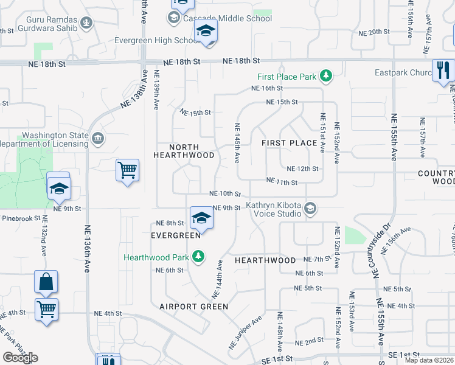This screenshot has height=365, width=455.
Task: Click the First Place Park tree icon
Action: [327, 76]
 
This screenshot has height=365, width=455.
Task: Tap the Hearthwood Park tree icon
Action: [197, 257]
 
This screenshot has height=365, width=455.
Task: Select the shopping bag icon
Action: [46, 282]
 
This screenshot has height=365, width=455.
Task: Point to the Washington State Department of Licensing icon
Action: [97, 139]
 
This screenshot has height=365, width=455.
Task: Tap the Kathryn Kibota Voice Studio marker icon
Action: [310, 208]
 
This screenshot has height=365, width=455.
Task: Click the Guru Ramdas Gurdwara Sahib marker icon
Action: [87, 24]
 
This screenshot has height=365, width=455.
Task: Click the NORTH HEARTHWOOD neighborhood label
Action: [184, 151]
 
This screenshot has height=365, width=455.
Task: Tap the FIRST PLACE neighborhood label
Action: [289, 143]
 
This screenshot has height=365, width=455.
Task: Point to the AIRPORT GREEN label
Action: [193, 307]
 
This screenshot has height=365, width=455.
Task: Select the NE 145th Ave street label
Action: [236, 143]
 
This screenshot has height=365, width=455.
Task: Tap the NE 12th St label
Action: [302, 169]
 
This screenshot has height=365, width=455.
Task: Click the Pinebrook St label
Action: [20, 218]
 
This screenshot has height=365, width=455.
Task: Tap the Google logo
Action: [21, 358]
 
